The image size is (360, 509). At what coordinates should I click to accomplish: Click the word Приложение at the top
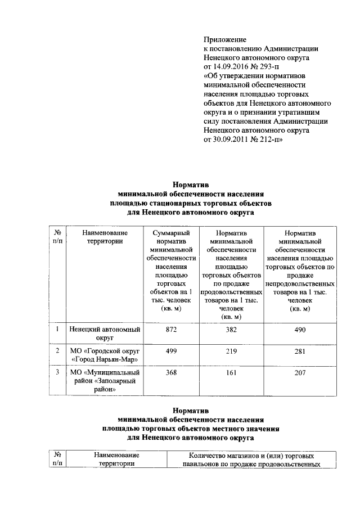pyautogui.click(x=225, y=39)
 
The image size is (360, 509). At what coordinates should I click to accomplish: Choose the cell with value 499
pyautogui.click(x=171, y=351)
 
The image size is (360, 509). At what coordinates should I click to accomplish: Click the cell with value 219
pyautogui.click(x=231, y=351)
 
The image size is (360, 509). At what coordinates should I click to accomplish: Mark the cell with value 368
pyautogui.click(x=171, y=372)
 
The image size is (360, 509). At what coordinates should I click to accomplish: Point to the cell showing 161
pyautogui.click(x=231, y=372)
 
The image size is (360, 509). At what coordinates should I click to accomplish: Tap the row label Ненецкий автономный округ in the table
pyautogui.click(x=104, y=334)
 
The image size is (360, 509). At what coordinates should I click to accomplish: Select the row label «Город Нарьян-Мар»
pyautogui.click(x=104, y=359)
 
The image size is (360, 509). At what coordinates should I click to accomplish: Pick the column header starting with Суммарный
pyautogui.click(x=171, y=271)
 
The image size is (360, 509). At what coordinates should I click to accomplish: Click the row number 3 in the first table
pyautogui.click(x=57, y=372)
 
